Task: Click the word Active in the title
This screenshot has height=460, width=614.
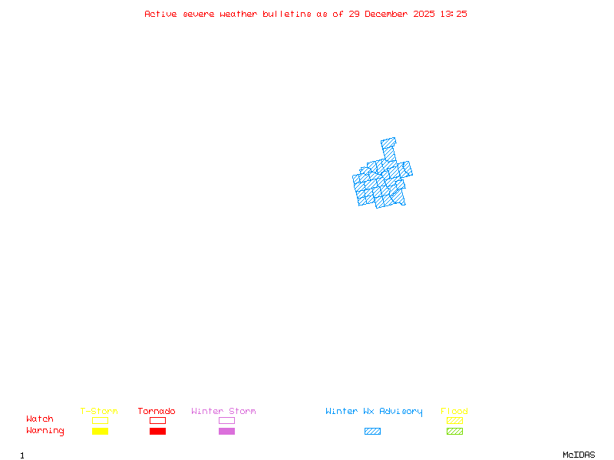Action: (160, 14)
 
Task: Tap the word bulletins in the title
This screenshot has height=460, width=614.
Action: (286, 14)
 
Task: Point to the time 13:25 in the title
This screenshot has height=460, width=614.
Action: (453, 14)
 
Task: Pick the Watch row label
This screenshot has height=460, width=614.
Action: (40, 419)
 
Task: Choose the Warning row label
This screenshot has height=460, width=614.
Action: (45, 431)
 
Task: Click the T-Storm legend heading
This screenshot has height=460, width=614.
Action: (99, 412)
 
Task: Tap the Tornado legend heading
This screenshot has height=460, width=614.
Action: (157, 412)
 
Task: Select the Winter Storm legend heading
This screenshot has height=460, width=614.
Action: (223, 412)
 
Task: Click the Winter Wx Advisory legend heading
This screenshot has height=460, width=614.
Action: (374, 412)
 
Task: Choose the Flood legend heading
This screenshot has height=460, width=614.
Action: (454, 412)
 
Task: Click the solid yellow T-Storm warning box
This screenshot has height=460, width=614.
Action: (100, 432)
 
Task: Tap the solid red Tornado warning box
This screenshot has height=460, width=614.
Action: (157, 432)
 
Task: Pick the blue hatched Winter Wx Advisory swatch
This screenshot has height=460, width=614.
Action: (372, 432)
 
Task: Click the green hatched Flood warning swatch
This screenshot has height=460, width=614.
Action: (454, 432)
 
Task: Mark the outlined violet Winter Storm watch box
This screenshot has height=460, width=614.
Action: (226, 421)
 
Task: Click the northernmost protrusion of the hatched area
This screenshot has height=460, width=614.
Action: (388, 143)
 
